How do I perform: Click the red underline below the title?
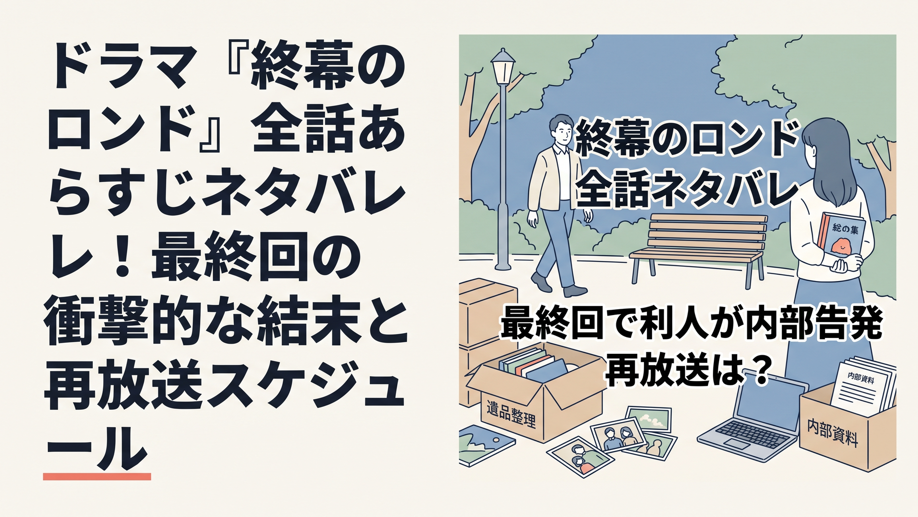point(97,476)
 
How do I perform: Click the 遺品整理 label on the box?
point(511,414)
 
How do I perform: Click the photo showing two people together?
point(619,436)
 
